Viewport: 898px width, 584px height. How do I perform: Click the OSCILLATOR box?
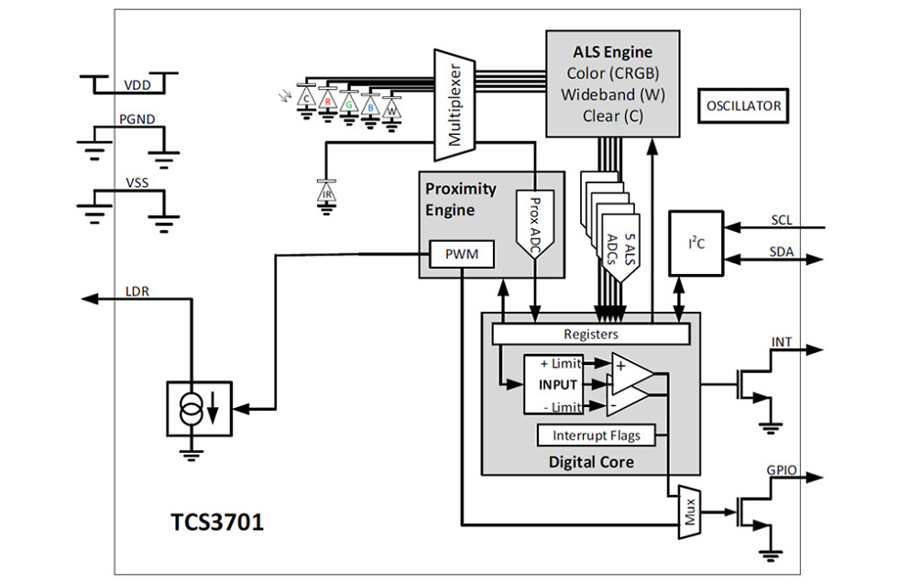743,106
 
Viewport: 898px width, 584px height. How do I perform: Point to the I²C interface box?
695,243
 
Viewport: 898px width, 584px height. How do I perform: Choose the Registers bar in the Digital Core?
590,335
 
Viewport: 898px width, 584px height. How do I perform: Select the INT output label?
781,343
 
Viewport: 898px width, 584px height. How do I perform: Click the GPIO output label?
781,470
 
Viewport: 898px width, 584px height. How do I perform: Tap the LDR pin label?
137,292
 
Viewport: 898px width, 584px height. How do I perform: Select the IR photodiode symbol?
325,193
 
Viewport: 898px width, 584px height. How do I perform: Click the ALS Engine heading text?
613,52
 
